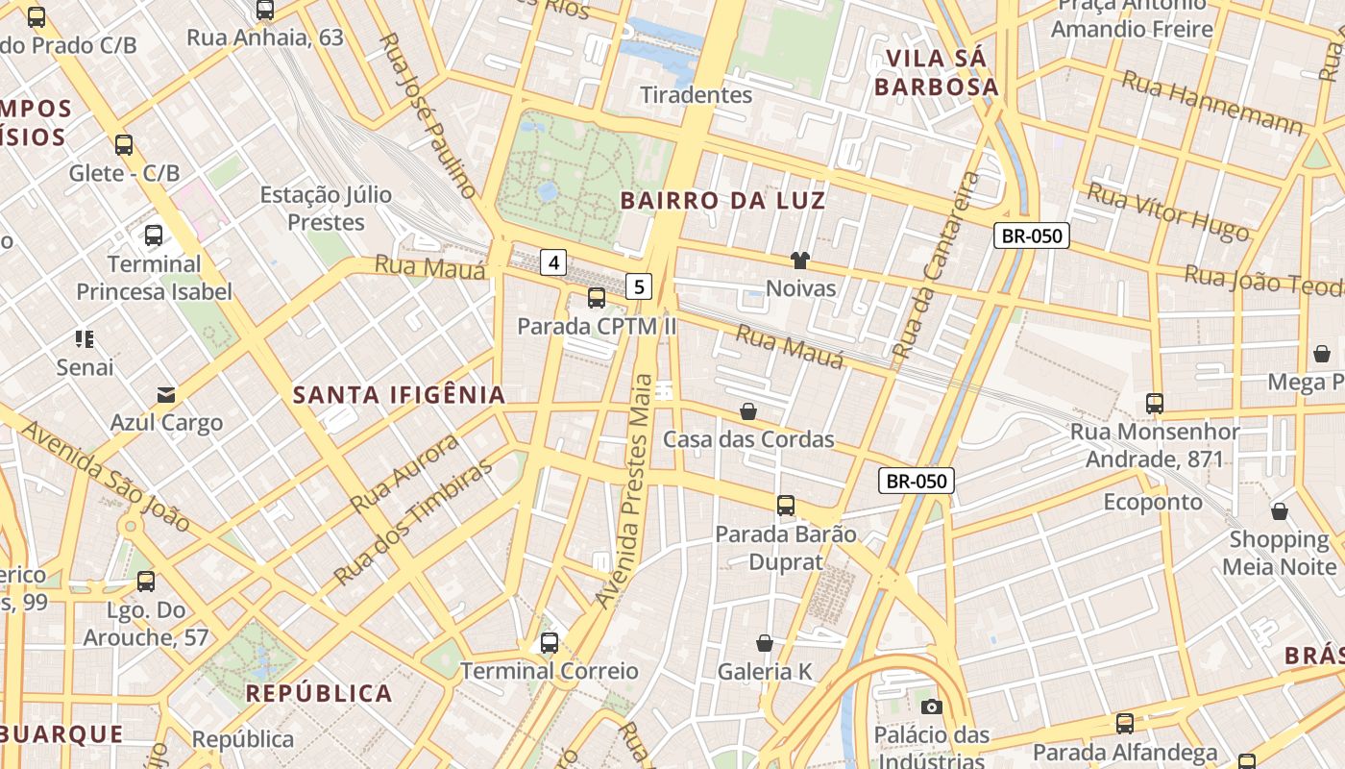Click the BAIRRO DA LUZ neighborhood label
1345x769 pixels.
[722, 201]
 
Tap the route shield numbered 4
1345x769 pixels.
[553, 261]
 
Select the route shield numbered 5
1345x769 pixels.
[639, 285]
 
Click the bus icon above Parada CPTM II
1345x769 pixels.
[597, 298]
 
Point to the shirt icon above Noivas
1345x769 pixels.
[799, 260]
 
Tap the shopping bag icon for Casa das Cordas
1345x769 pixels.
[748, 411]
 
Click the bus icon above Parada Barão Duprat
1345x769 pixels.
[786, 506]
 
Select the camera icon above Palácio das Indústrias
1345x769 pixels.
[931, 707]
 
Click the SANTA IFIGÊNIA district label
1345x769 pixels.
[399, 395]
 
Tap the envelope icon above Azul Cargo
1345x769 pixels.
[166, 394]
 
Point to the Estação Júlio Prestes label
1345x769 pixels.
[327, 209]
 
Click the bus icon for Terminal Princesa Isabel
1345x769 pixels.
[154, 236]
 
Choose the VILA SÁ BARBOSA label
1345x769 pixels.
[937, 72]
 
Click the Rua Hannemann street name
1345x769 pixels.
[1212, 104]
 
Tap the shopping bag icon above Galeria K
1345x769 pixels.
[765, 643]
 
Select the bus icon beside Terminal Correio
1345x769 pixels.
[550, 643]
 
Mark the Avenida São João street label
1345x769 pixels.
[106, 476]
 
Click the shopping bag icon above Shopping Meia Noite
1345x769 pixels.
[1279, 511]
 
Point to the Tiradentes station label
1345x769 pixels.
[697, 94]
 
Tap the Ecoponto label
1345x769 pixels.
[1152, 502]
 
